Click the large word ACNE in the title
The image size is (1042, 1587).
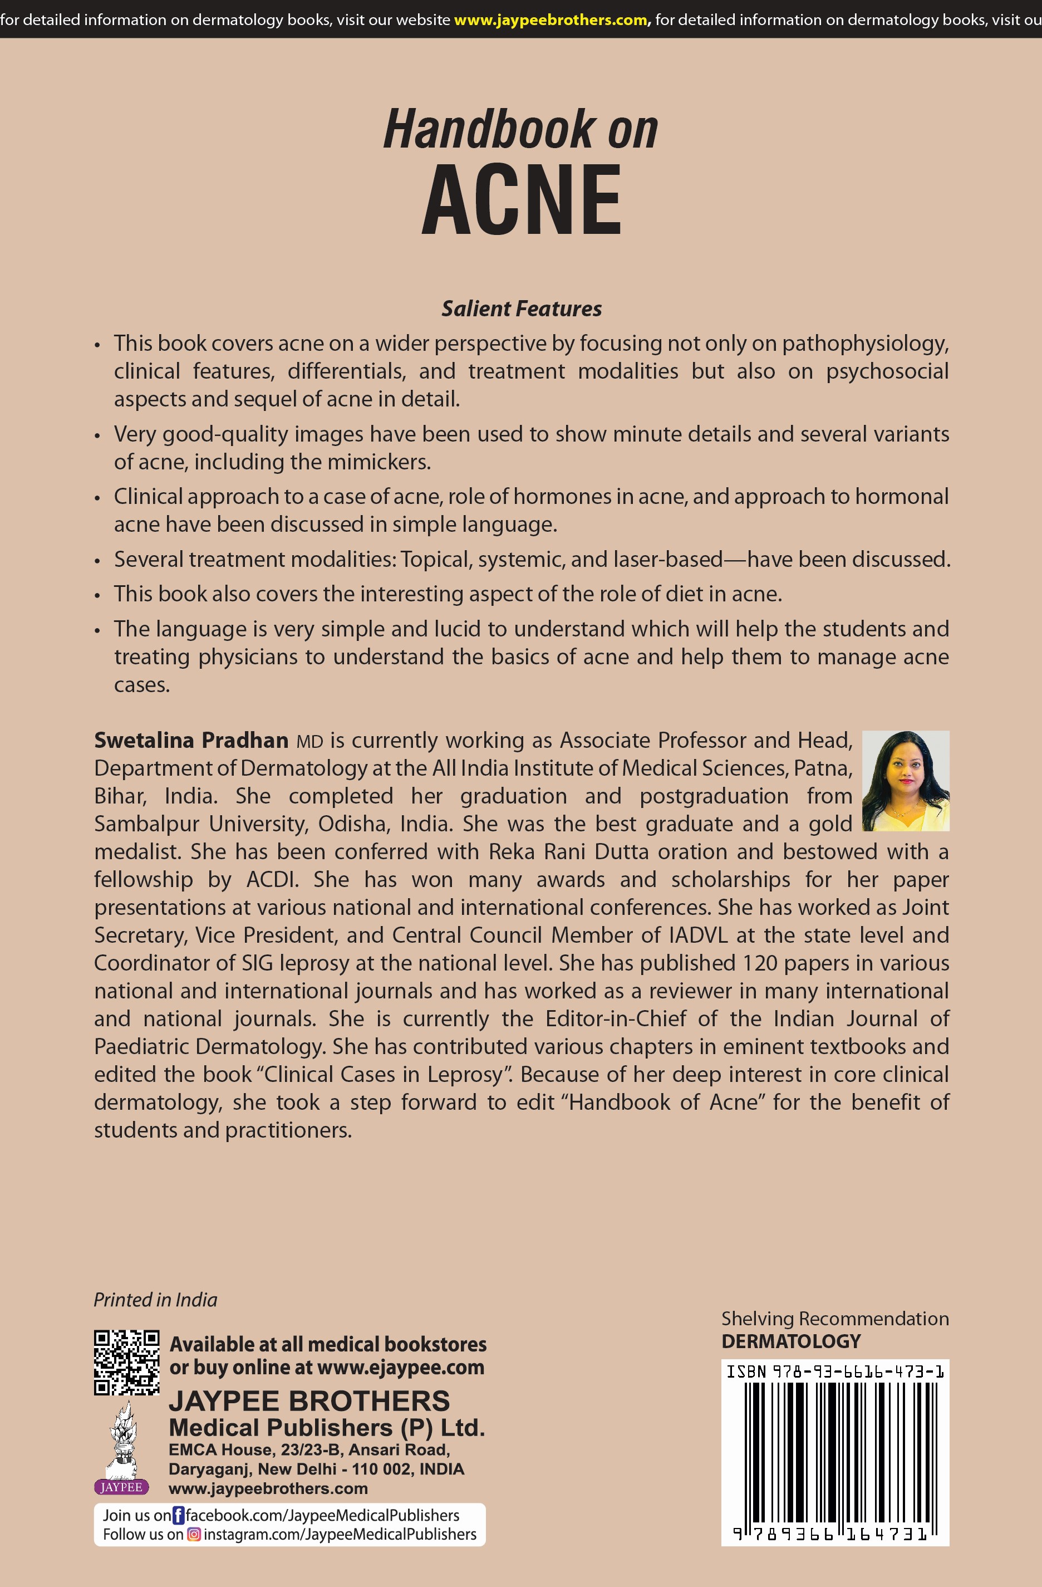click(x=522, y=200)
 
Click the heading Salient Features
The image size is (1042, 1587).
click(x=522, y=308)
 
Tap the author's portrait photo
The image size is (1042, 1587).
click(x=905, y=780)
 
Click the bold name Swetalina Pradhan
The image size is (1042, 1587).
click(x=191, y=740)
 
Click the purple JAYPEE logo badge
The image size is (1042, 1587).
click(x=121, y=1487)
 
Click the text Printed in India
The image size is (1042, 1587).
click(x=155, y=1300)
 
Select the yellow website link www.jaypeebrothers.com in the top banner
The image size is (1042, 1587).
click(x=551, y=20)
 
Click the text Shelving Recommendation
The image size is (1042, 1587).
click(x=835, y=1318)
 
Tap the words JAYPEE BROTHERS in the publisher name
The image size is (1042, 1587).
click(x=309, y=1401)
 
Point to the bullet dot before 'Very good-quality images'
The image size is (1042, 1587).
click(x=97, y=436)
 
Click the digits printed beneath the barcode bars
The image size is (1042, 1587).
click(x=830, y=1534)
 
